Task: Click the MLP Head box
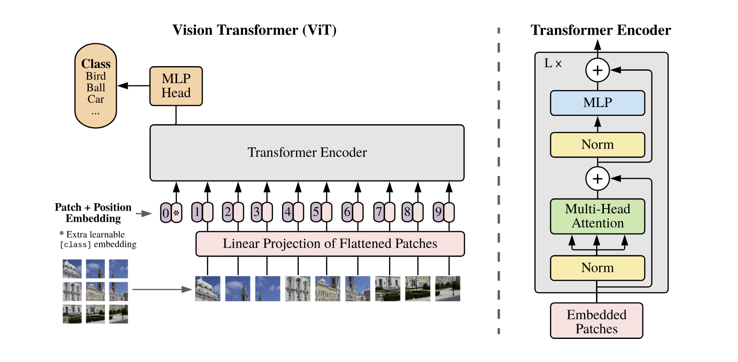click(176, 86)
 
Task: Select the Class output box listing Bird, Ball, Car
click(96, 86)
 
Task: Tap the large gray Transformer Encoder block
click(307, 152)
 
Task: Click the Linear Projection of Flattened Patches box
click(330, 244)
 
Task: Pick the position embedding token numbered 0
click(166, 213)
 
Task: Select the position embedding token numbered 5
click(316, 212)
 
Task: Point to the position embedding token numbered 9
click(438, 212)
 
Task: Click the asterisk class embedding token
click(177, 213)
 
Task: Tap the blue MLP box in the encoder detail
click(597, 103)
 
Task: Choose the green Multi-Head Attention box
click(597, 216)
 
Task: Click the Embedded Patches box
click(596, 321)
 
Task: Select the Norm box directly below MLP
click(597, 145)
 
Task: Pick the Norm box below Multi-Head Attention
click(597, 268)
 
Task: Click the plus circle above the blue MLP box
click(597, 70)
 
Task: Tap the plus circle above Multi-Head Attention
click(597, 179)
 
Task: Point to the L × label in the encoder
click(553, 64)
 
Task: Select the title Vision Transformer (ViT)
click(254, 30)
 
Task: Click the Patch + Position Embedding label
click(93, 213)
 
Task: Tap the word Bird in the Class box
click(96, 76)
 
